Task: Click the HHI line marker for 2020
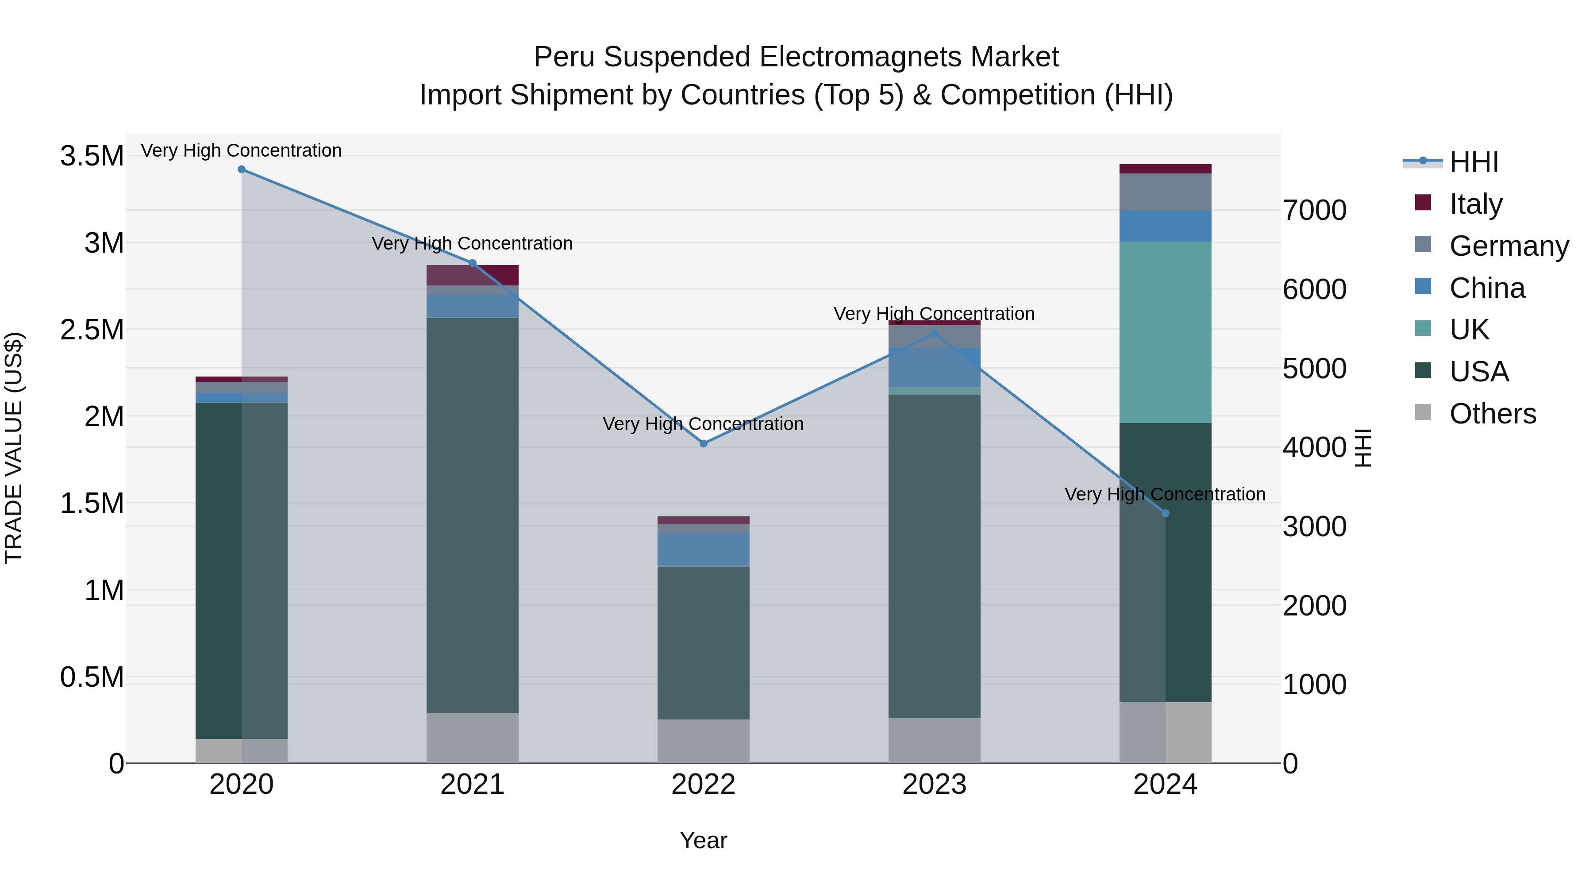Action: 242,169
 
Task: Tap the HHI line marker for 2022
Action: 703,443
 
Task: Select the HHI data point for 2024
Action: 1165,513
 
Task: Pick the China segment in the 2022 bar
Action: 703,549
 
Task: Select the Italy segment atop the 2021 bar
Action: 473,275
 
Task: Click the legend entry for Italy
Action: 1475,204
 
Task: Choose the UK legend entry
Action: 1469,330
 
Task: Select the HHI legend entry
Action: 1473,162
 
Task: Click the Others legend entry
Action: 1492,414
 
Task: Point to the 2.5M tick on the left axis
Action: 92,330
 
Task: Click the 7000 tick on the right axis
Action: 1314,210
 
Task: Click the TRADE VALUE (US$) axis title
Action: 14,448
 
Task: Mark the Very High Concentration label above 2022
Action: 703,424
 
